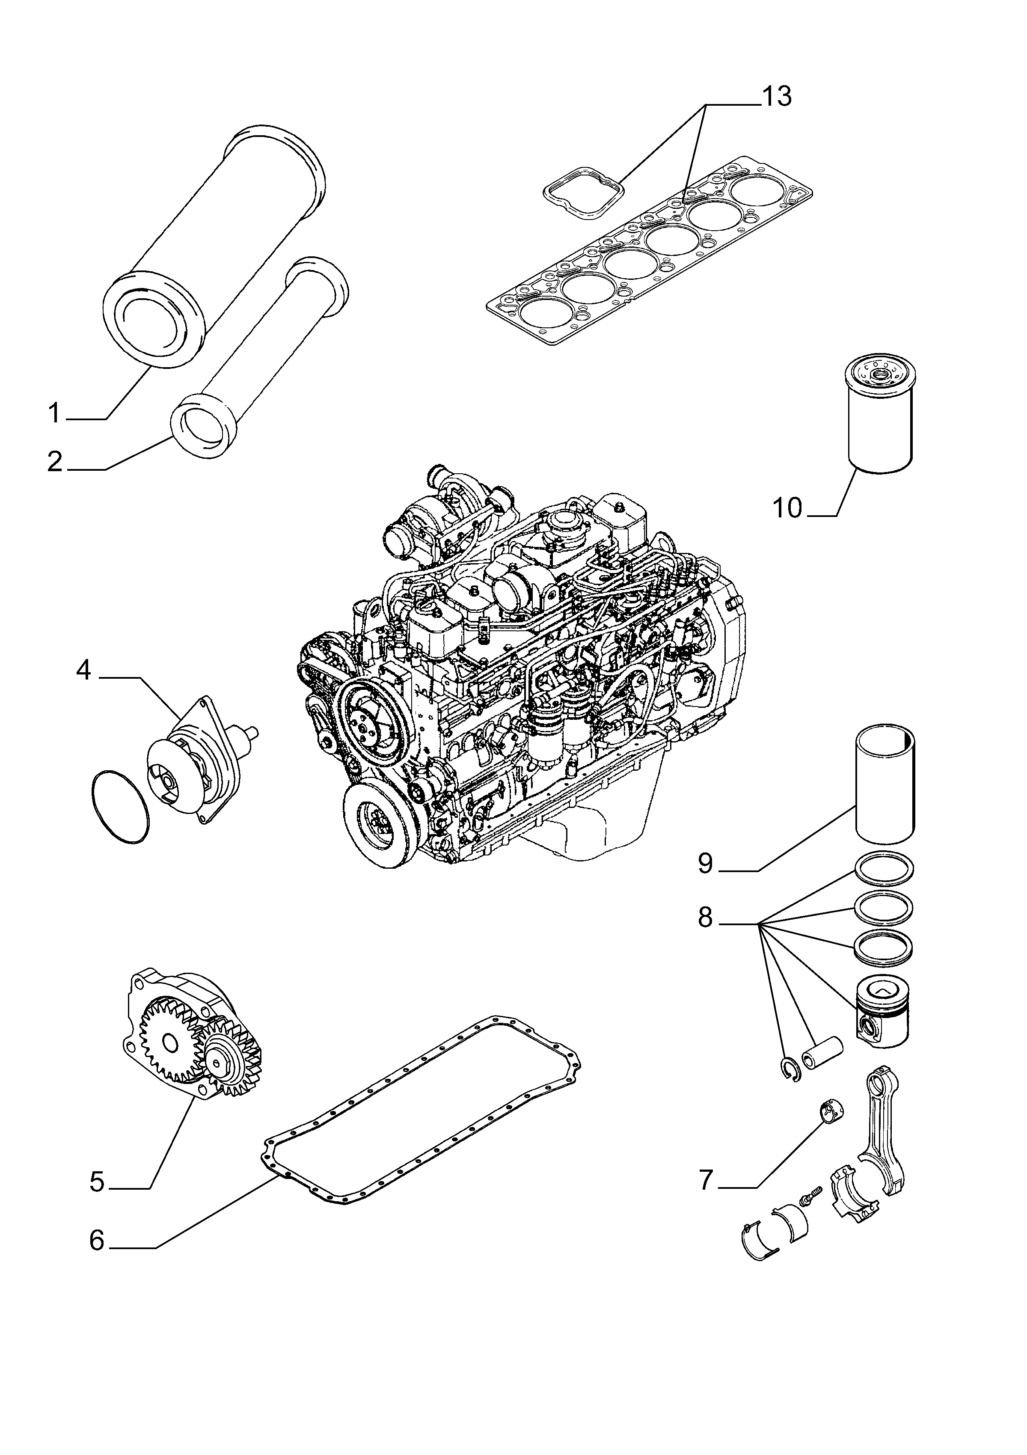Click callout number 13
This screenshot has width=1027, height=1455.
click(x=776, y=96)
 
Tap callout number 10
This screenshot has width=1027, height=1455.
click(x=787, y=508)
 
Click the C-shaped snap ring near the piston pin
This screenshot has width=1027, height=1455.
click(x=791, y=1070)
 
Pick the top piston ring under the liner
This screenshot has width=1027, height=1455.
click(x=885, y=870)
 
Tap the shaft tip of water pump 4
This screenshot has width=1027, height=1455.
click(x=255, y=731)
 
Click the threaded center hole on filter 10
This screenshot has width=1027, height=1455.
click(x=881, y=377)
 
